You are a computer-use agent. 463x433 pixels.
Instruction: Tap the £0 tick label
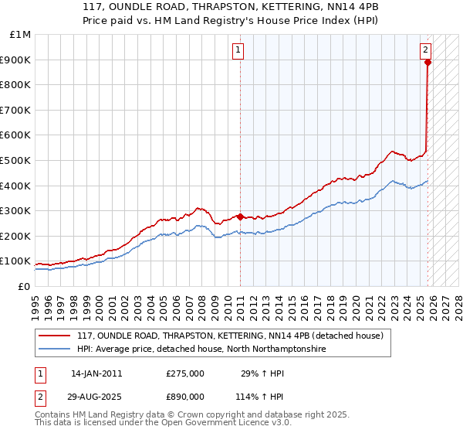point(24,286)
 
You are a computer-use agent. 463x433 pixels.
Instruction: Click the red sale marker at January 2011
point(240,216)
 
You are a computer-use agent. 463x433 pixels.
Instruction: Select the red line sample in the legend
point(54,336)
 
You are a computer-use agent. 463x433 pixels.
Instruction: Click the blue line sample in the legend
point(54,349)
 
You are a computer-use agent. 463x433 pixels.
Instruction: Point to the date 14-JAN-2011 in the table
point(96,373)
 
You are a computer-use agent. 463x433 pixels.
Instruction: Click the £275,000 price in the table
point(185,373)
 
